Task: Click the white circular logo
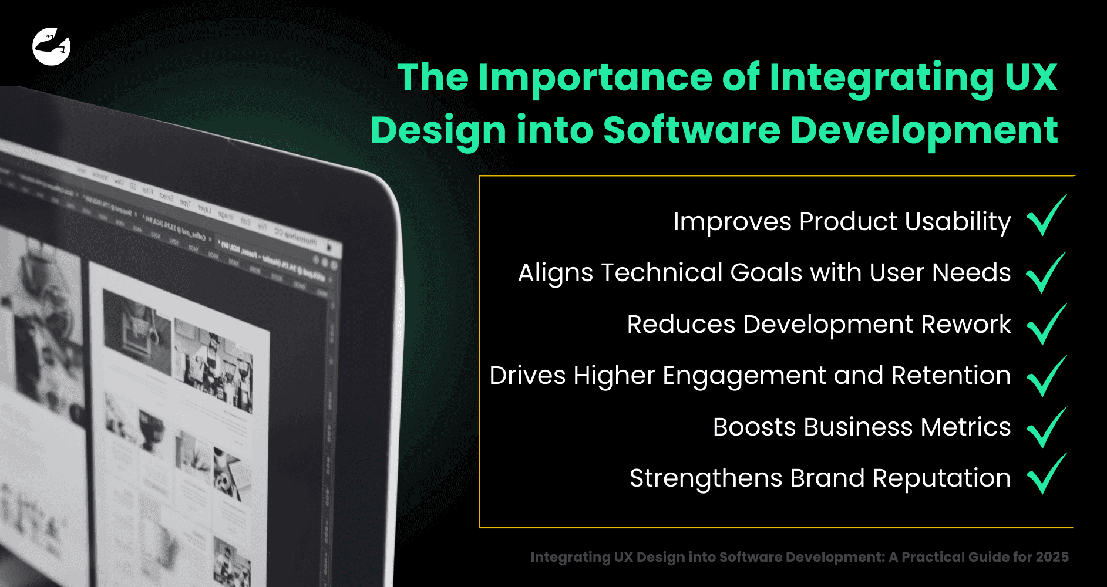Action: point(52,46)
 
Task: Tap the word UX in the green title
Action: point(1031,77)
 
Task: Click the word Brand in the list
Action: point(827,478)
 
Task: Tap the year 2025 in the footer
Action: point(1052,557)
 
